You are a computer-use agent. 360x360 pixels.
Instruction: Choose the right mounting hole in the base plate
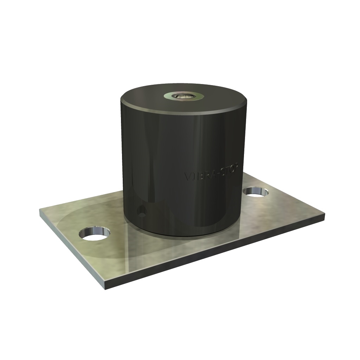pos(256,192)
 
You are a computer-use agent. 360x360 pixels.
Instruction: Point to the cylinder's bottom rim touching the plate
pos(183,234)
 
